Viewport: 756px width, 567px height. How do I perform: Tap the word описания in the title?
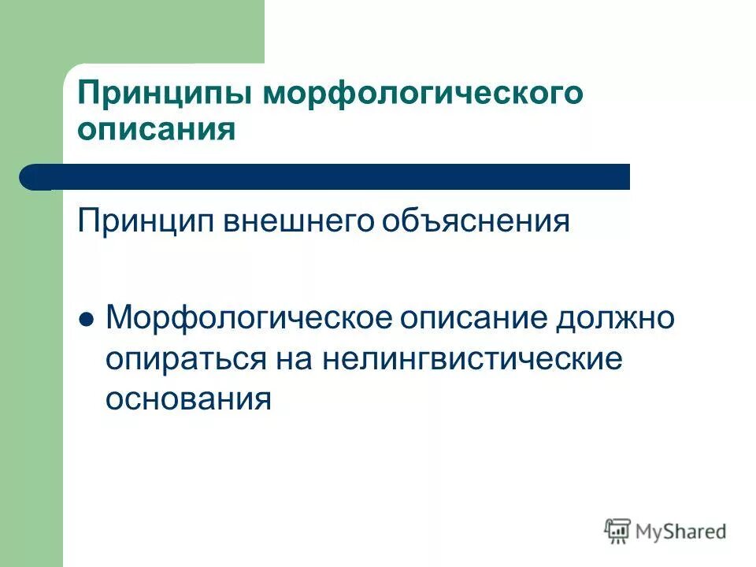(157, 128)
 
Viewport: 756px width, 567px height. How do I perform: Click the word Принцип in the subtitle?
(147, 222)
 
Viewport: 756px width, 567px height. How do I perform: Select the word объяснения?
(476, 222)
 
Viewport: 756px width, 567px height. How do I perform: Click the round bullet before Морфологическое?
(87, 321)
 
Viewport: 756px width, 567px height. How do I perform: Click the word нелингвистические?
(472, 360)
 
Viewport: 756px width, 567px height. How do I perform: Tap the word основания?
(189, 399)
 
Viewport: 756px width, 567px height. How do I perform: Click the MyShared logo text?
(681, 532)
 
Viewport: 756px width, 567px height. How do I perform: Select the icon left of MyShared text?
(618, 531)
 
